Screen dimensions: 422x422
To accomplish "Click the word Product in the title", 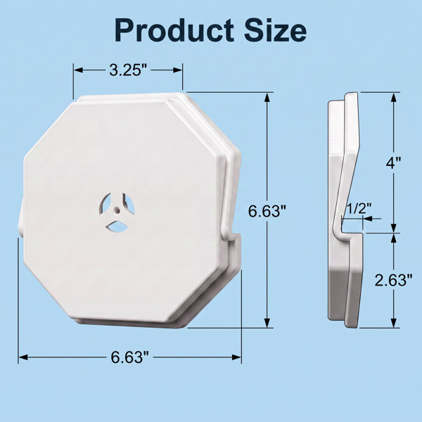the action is [x=174, y=30].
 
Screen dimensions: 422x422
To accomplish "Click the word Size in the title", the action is [x=275, y=30].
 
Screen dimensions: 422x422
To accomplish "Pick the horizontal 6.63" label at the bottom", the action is [x=129, y=357].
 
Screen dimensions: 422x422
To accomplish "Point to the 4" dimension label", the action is [x=393, y=162].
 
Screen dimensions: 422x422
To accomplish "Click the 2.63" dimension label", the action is [x=393, y=280].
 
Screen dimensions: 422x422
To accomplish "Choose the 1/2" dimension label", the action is [x=358, y=209].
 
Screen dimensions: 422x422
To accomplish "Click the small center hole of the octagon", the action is [x=117, y=209].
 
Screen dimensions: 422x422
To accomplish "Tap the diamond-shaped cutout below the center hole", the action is [x=117, y=226].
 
